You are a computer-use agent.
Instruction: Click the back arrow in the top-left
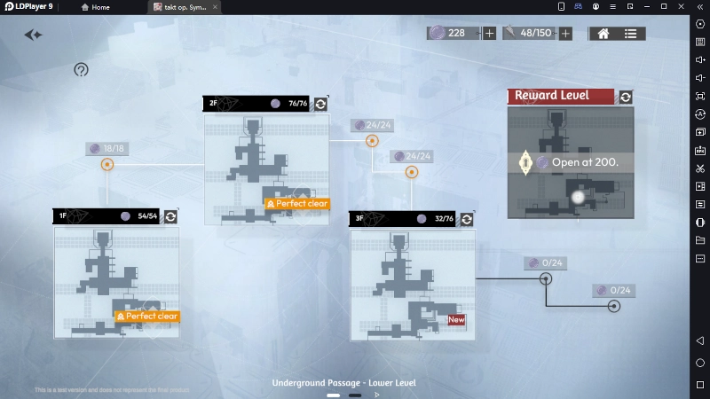pyautogui.click(x=34, y=35)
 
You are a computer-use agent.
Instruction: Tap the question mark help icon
pyautogui.click(x=81, y=70)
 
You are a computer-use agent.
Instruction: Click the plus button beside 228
pyautogui.click(x=489, y=34)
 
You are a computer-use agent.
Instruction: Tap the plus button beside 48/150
pyautogui.click(x=565, y=34)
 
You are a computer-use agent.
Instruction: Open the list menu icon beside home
pyautogui.click(x=630, y=34)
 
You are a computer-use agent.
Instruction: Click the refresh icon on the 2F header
pyautogui.click(x=320, y=104)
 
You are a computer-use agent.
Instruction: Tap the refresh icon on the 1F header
pyautogui.click(x=170, y=216)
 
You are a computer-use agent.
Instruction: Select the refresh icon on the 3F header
pyautogui.click(x=467, y=219)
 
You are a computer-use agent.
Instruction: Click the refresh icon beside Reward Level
pyautogui.click(x=626, y=97)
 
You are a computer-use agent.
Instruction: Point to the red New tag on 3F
pyautogui.click(x=456, y=320)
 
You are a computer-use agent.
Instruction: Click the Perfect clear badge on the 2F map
pyautogui.click(x=297, y=204)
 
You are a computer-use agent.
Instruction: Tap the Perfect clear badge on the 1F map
pyautogui.click(x=147, y=317)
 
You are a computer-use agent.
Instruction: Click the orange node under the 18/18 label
pyautogui.click(x=107, y=164)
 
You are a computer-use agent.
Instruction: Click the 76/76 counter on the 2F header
pyautogui.click(x=297, y=104)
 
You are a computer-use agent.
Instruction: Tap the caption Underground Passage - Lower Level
pyautogui.click(x=343, y=383)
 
